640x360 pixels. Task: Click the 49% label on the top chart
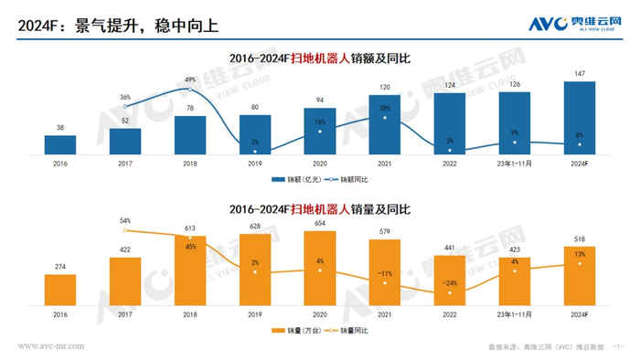point(190,79)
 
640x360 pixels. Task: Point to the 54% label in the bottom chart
point(125,220)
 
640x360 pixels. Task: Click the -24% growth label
point(450,282)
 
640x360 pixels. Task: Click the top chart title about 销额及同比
point(320,58)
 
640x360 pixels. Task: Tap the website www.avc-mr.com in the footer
point(52,346)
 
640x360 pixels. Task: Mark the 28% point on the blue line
point(385,117)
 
